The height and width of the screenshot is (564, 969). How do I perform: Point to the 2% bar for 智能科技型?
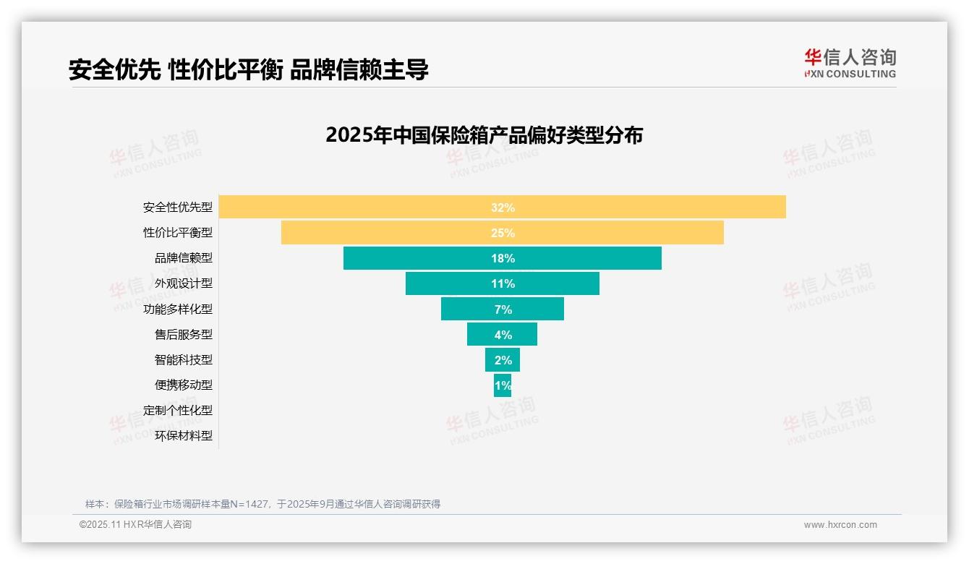(x=502, y=359)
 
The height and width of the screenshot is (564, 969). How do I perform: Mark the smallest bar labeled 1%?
(x=503, y=385)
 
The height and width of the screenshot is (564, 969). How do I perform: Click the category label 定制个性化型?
(x=178, y=410)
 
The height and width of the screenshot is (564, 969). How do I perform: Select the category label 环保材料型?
(x=184, y=435)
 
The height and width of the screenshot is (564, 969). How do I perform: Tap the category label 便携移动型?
(x=184, y=385)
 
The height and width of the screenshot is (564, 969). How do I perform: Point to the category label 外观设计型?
(x=184, y=283)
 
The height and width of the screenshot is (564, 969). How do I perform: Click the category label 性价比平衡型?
(x=178, y=233)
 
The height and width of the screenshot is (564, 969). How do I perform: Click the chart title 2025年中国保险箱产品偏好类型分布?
(x=484, y=135)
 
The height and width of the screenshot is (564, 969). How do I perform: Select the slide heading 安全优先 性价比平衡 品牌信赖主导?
(x=248, y=69)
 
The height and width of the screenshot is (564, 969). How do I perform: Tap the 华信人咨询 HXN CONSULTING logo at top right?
(x=850, y=64)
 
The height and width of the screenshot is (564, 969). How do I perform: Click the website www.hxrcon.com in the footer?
(x=840, y=524)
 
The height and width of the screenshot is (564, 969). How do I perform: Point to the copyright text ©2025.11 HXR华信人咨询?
(x=135, y=524)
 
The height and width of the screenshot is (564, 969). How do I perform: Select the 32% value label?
(x=503, y=208)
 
